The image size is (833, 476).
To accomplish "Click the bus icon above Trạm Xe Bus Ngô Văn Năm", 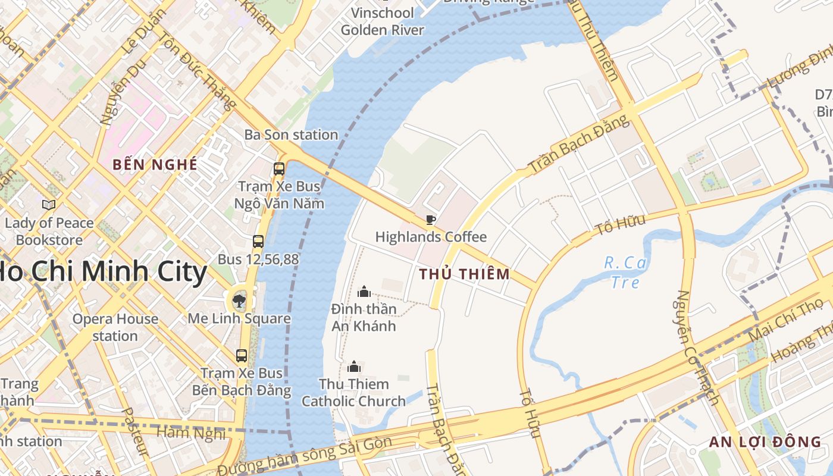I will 279,168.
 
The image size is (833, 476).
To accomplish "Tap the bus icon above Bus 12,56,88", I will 258,242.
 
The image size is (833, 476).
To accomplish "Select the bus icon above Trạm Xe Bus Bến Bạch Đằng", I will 242,356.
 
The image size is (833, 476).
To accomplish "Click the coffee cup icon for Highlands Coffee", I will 431,220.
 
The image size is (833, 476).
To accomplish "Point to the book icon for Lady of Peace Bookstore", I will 49,205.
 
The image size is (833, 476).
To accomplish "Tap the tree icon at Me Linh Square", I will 239,300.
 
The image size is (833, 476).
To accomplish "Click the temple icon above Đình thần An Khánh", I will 364,292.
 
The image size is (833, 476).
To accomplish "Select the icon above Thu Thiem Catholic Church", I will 354,367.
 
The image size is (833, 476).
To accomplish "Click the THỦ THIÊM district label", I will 464,274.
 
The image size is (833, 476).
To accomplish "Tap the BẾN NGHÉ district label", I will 155,165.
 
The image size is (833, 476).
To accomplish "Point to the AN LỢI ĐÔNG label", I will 765,442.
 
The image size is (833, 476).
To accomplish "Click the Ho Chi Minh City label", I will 101,273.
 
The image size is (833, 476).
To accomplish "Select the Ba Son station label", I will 291,135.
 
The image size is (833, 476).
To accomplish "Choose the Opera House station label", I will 115,327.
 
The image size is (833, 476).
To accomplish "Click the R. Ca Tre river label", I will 625,272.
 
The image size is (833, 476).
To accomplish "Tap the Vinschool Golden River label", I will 383,21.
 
